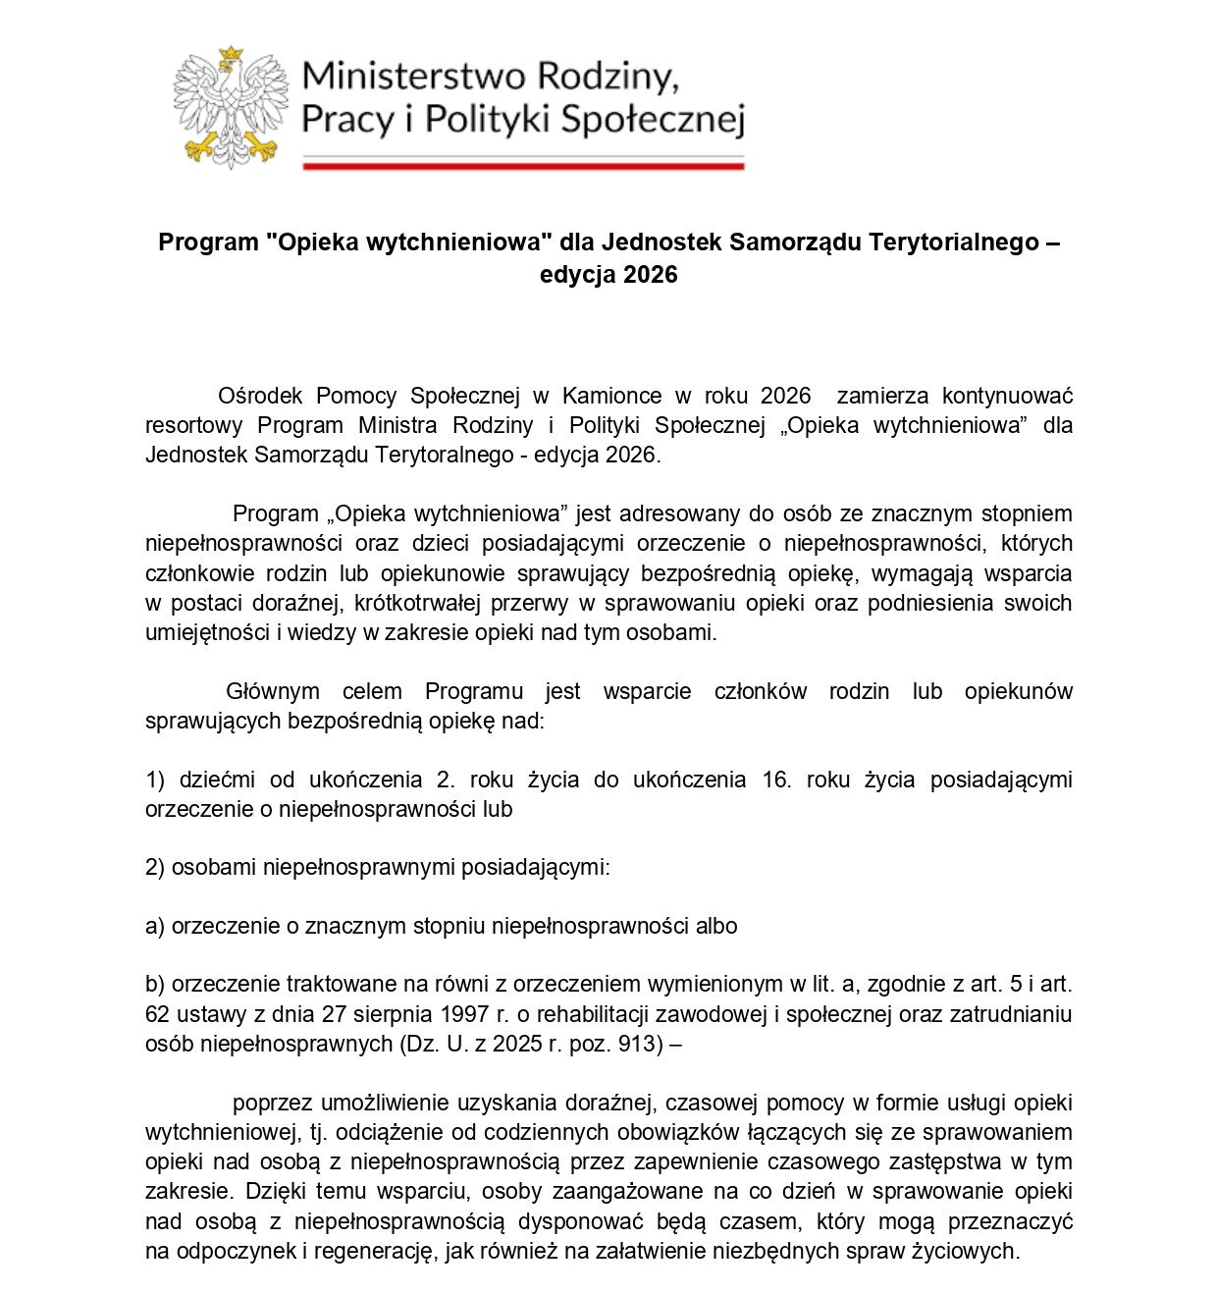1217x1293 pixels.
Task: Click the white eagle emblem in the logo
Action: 232,107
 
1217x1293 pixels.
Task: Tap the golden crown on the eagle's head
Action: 231,54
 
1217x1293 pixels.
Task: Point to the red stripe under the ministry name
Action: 523,166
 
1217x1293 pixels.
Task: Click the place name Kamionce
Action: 611,396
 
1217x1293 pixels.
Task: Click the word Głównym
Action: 273,691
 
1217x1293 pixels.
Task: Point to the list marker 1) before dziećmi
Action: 155,780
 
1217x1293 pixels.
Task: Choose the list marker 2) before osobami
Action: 155,867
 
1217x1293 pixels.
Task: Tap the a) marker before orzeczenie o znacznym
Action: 155,926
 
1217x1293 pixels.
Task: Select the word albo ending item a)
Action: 716,926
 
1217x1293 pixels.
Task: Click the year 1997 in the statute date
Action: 465,1014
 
